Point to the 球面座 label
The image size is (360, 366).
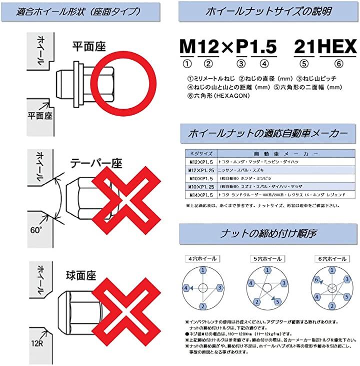coord(82,275)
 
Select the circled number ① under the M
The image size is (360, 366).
coord(187,64)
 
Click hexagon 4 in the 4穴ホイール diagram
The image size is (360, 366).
coord(186,288)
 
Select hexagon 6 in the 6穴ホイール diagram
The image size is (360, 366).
coord(316,279)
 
